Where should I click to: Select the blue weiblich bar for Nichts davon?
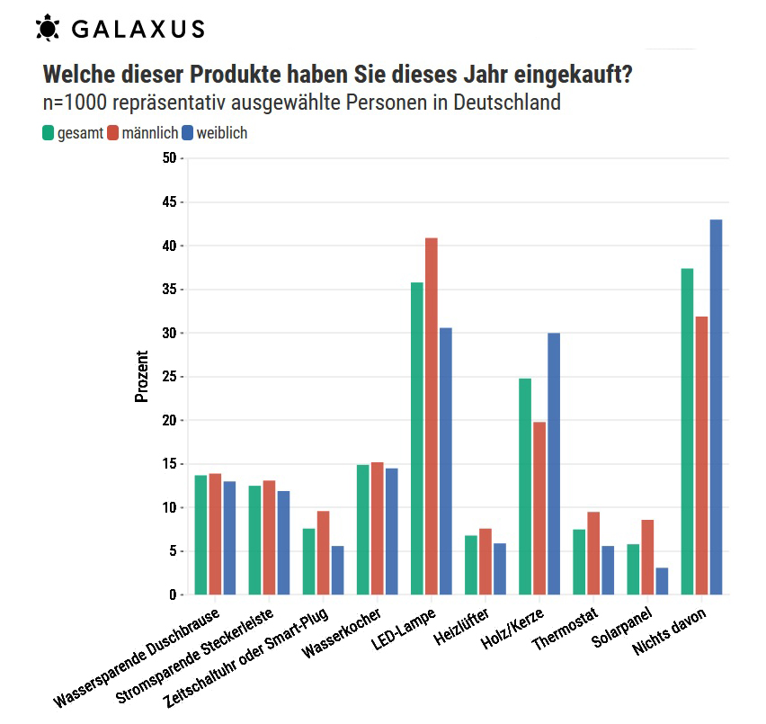(x=716, y=407)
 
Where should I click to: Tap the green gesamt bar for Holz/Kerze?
(x=525, y=486)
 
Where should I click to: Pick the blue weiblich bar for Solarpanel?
(x=662, y=581)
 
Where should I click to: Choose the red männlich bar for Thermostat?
(x=593, y=553)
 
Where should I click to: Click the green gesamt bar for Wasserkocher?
(x=363, y=530)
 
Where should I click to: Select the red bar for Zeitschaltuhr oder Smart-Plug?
(x=324, y=552)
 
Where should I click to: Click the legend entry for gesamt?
(x=72, y=133)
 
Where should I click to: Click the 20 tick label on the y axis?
(x=170, y=420)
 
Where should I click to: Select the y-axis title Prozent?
(x=141, y=377)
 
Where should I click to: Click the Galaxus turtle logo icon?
(x=48, y=29)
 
